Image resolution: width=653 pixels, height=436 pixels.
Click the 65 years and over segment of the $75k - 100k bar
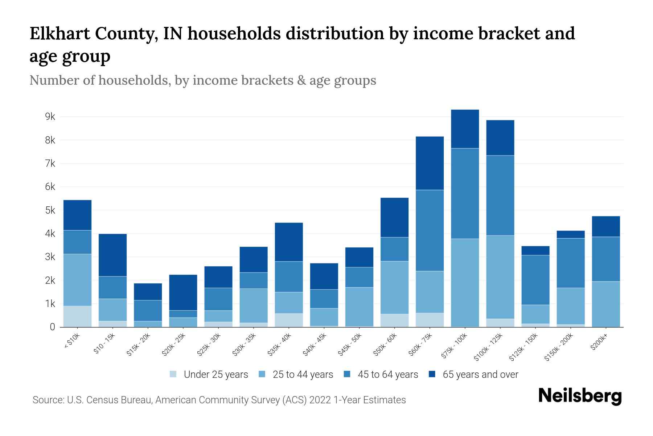tap(465, 129)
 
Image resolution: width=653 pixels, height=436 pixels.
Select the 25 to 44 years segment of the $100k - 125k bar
tap(500, 277)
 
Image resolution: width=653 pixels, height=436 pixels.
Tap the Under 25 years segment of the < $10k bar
tap(77, 316)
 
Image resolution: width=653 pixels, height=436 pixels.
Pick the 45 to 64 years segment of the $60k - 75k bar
tap(430, 230)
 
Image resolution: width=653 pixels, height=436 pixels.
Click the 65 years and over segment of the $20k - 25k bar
tap(183, 292)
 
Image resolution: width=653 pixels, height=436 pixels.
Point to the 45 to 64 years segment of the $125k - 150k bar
tap(535, 280)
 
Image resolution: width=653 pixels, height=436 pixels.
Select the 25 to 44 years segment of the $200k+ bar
tap(605, 304)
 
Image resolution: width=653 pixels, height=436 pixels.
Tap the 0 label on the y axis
tap(53, 327)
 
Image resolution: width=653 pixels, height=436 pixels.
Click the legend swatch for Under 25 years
tap(173, 374)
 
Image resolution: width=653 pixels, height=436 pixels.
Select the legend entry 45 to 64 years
tap(388, 374)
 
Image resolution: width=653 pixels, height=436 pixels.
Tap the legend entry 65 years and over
tap(480, 374)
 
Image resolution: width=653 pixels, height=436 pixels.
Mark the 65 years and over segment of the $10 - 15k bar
tap(112, 255)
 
